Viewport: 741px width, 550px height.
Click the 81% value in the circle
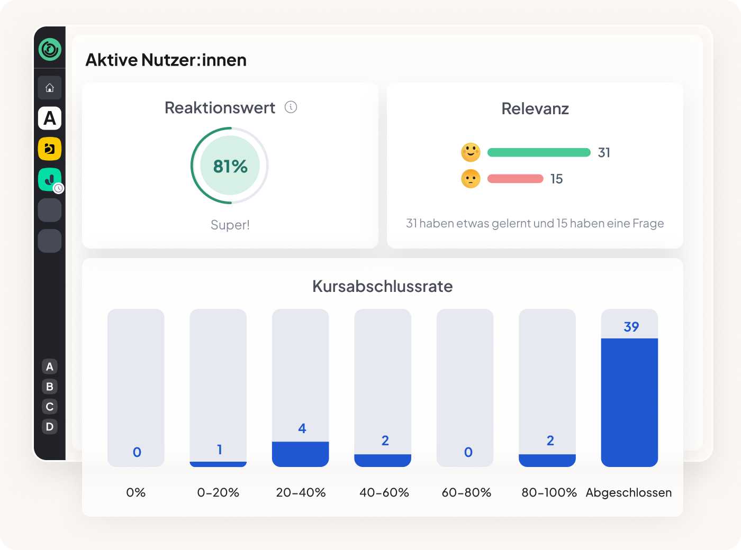tap(230, 167)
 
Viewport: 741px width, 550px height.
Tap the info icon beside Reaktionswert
tap(291, 107)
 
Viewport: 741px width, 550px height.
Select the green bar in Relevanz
tap(539, 152)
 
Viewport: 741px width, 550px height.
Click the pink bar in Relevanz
tap(515, 179)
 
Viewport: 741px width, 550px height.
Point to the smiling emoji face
tap(471, 152)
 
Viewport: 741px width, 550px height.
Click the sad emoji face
tap(471, 179)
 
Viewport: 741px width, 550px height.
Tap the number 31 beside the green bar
tap(604, 153)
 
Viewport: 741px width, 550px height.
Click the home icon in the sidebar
tap(50, 88)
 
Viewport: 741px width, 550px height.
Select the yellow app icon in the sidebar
tap(50, 149)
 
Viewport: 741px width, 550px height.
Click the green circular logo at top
tap(50, 49)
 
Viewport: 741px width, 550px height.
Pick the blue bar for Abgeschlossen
tap(629, 402)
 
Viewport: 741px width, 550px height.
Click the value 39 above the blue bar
tap(631, 327)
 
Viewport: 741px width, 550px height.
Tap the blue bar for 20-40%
tap(301, 454)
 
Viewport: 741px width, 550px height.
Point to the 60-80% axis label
tap(466, 493)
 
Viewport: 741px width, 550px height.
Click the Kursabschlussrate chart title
tap(382, 286)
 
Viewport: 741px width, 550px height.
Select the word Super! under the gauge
tap(230, 225)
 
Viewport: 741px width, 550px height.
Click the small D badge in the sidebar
tap(50, 427)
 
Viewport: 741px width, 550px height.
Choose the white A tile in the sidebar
tap(50, 118)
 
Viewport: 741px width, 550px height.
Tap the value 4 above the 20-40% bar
tap(302, 428)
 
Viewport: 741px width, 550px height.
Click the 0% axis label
tap(136, 493)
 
